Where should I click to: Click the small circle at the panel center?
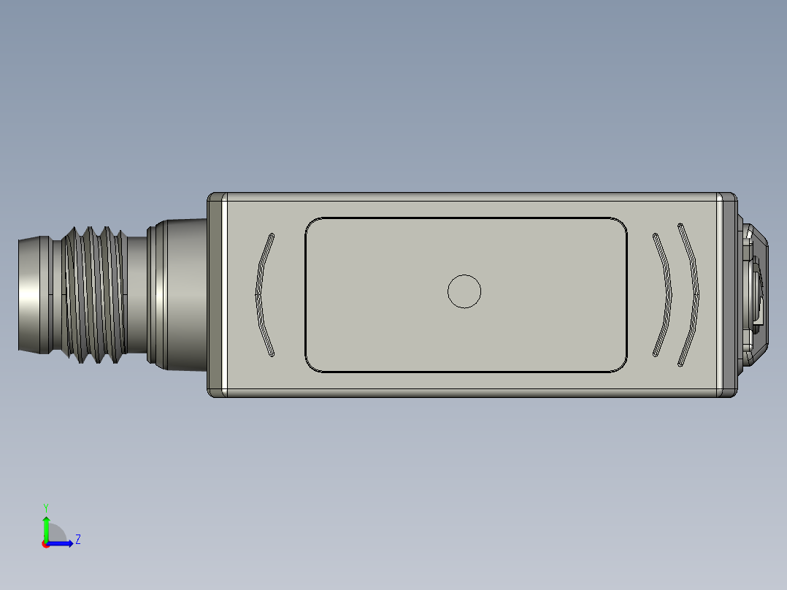pyautogui.click(x=464, y=291)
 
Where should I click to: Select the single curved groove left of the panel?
pyautogui.click(x=263, y=295)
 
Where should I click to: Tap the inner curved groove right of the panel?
pyautogui.click(x=663, y=295)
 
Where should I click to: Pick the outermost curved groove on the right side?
pyautogui.click(x=690, y=294)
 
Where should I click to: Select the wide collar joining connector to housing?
pyautogui.click(x=179, y=294)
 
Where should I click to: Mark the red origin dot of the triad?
pyautogui.click(x=46, y=544)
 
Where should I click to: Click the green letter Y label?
pyautogui.click(x=46, y=507)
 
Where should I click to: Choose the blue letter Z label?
pyautogui.click(x=77, y=540)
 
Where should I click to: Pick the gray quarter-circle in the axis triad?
pyautogui.click(x=56, y=534)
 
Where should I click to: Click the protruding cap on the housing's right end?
pyautogui.click(x=754, y=294)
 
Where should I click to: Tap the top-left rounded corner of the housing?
pyautogui.click(x=214, y=198)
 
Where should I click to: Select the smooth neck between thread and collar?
pyautogui.click(x=137, y=294)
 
